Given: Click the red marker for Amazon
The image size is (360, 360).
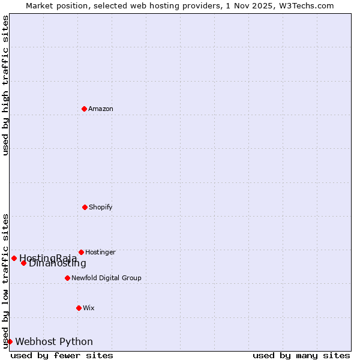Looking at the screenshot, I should pos(84,109).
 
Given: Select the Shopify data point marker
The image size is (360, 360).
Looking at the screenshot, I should pos(85,207).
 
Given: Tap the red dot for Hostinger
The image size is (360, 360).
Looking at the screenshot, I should pos(81,252).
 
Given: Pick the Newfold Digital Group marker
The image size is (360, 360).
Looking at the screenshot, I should pos(67,278).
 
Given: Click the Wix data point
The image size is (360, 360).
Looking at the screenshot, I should pos(79,308).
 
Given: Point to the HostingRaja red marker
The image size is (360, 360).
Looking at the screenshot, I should pos(14,258).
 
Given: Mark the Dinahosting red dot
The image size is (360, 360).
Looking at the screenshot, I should pos(23,263).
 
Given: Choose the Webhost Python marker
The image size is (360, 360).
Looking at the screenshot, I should pos(10,341).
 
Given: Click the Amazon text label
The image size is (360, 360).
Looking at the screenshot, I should pos(101,109).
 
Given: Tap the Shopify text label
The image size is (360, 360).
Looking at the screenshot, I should pos(101,207).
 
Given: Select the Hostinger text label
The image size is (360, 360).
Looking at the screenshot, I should pos(100,252).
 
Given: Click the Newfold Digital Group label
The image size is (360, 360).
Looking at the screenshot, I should pos(106,278).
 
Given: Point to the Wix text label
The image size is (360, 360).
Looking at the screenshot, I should pos(89,308).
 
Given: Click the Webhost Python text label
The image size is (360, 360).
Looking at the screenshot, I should pos(54,341).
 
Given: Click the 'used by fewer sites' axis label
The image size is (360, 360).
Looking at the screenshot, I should pos(62,355).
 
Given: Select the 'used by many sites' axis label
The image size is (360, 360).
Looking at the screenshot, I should pos(301,355).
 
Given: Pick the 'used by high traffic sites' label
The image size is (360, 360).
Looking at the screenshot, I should pos(5,85).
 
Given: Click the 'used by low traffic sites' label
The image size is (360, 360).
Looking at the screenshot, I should pos(5,280).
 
